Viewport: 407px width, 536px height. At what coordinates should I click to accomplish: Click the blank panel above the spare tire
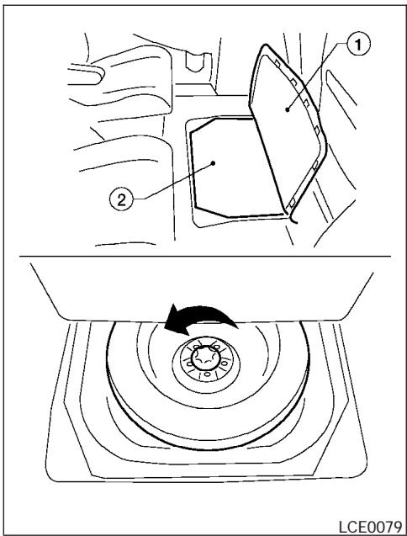pos(202,286)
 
